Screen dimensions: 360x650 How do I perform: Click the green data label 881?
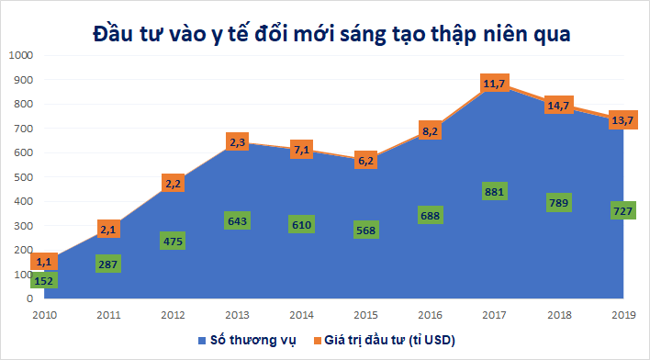(x=494, y=191)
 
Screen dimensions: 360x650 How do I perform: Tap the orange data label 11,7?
(x=494, y=84)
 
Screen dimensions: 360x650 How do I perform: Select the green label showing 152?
(x=44, y=279)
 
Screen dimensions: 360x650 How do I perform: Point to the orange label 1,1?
(x=44, y=262)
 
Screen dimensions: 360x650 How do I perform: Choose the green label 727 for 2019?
(x=623, y=210)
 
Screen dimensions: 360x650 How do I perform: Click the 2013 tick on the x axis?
(x=236, y=316)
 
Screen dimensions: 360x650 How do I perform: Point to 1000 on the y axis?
(x=19, y=55)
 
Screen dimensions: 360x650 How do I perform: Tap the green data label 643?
(x=236, y=221)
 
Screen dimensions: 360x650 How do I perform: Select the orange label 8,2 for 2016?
(x=429, y=130)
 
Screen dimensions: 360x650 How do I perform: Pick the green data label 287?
(x=108, y=264)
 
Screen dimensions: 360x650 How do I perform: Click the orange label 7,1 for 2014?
(x=301, y=149)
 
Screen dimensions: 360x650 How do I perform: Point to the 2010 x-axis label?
(x=44, y=316)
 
